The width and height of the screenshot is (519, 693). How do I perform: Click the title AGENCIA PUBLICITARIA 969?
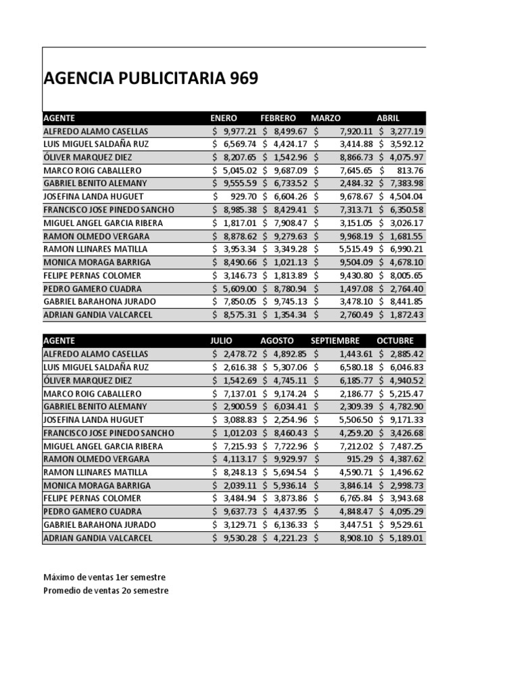coord(150,79)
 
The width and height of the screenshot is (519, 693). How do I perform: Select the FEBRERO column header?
coord(278,118)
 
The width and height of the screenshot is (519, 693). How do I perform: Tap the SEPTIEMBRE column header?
coord(335,340)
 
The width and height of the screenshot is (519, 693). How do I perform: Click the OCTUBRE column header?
coord(395,340)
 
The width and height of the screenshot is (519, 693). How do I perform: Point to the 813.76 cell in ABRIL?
coord(411,171)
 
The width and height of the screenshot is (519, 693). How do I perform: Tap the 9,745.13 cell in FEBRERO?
coord(290,301)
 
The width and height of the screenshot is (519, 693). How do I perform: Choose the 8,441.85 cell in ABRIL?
coord(406,301)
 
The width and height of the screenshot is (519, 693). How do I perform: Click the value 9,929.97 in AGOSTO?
coord(290,459)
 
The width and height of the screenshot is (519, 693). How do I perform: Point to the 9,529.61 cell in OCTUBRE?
coord(406,524)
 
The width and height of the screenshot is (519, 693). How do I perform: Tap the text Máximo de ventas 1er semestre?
coord(104,577)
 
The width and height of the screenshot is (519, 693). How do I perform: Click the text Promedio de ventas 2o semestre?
coord(106,591)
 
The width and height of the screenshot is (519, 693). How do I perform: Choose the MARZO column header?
coord(326,118)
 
